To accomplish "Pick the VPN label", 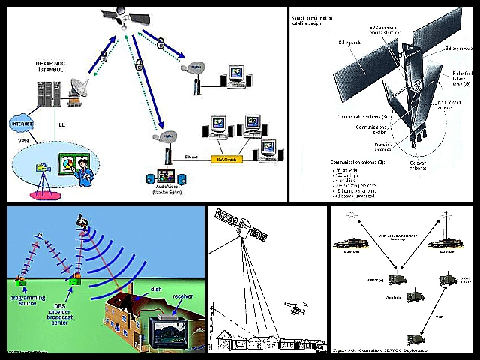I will (x=25, y=139).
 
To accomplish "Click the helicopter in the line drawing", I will (x=295, y=307).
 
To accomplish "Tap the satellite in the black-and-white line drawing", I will (x=242, y=225).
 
